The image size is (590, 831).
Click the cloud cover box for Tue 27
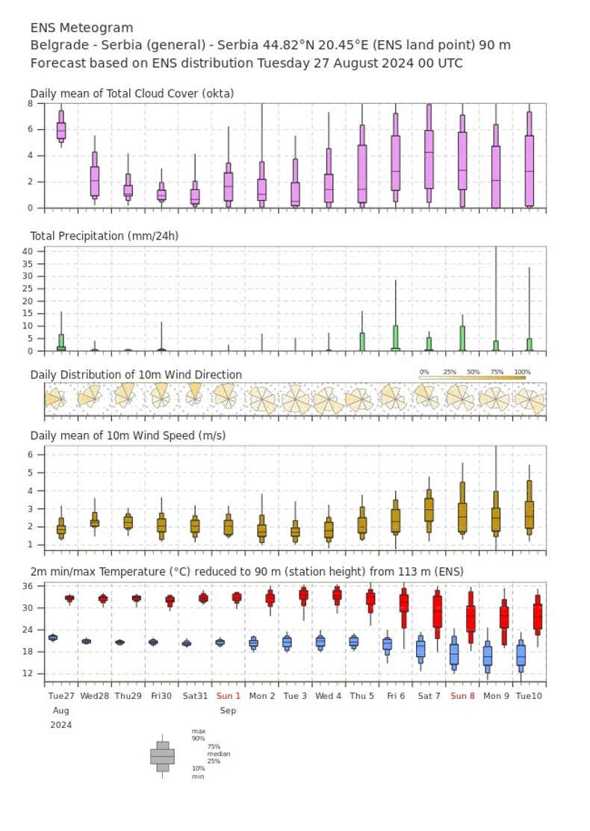click(x=61, y=129)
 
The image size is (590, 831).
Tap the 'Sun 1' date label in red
click(x=228, y=695)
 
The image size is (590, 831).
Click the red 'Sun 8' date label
click(x=462, y=695)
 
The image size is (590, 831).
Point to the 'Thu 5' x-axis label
click(x=362, y=695)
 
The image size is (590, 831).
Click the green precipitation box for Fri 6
click(x=395, y=337)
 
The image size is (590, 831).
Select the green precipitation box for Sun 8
click(x=462, y=338)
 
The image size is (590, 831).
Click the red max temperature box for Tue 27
click(x=69, y=598)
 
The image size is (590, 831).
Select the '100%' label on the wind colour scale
click(x=522, y=372)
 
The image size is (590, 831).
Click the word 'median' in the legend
click(x=218, y=754)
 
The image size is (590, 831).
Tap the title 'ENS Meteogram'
click(x=81, y=28)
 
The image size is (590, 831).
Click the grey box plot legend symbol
click(x=162, y=756)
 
